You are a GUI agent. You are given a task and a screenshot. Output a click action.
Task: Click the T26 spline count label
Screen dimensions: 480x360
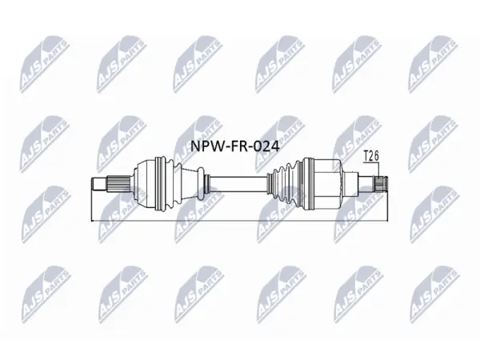tap(371, 156)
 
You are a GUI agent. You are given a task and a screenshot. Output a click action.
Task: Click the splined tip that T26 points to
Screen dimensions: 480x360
tap(381, 184)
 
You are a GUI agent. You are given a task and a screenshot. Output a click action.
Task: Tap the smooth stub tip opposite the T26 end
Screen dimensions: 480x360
tap(99, 184)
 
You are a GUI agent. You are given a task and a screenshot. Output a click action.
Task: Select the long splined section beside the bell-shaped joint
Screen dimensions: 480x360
tap(118, 184)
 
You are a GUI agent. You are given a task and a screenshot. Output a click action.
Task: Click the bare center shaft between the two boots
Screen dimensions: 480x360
tap(238, 184)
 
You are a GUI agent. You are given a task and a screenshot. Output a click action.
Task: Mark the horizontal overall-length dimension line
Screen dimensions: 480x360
tap(239, 221)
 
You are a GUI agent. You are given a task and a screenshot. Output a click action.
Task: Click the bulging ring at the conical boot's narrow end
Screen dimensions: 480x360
tap(201, 184)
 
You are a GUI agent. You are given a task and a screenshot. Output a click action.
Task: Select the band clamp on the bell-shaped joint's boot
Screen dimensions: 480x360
tap(161, 184)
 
